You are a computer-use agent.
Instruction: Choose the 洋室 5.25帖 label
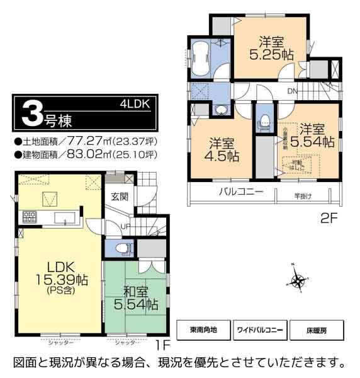271,49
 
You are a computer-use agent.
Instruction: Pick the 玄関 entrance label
120,195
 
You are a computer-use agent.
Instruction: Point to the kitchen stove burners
29,219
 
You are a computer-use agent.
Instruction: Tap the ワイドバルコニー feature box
259,329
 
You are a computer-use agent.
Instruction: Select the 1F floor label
163,345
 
